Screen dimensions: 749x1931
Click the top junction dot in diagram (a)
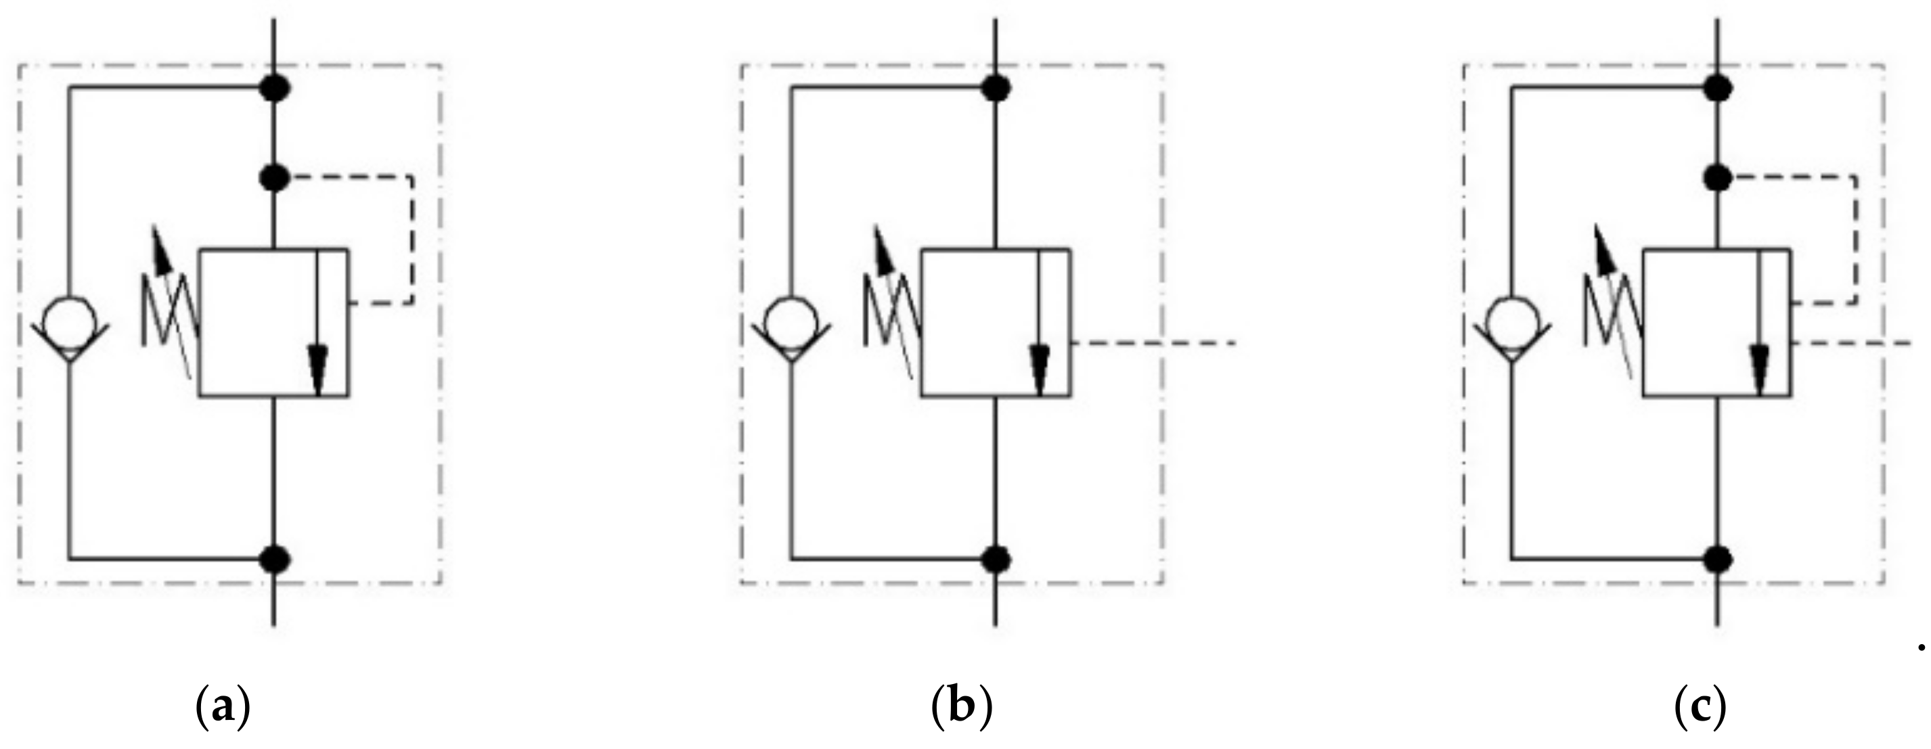coord(274,89)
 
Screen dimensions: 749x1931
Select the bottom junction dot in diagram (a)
coord(274,559)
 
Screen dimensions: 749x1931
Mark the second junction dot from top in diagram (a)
coord(274,178)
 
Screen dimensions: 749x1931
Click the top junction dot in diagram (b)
coord(996,89)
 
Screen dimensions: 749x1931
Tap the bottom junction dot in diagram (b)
coord(996,559)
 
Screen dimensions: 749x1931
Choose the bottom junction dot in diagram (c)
coord(1717,559)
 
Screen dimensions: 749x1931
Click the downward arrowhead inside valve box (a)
coord(318,367)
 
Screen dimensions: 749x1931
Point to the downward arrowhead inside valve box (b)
coord(1039,367)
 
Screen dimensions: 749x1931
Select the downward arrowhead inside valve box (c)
coord(1760,367)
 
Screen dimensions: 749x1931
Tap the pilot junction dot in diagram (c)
coord(1717,178)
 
